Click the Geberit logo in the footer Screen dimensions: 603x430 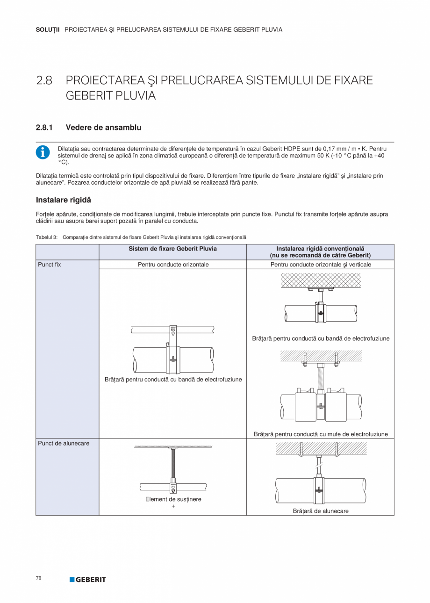88,580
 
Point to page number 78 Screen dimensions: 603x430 39,578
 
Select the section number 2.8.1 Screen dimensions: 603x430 46,127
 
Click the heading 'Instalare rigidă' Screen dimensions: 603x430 63,200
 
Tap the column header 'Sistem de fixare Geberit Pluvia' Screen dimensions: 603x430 172,249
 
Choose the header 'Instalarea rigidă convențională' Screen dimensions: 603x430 320,249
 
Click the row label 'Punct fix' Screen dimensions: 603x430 50,265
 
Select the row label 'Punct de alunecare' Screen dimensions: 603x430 64,443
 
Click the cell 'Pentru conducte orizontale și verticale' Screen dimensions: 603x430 320,265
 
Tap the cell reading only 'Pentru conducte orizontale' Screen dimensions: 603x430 173,265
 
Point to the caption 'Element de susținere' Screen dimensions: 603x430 173,499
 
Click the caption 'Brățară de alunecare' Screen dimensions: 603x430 321,511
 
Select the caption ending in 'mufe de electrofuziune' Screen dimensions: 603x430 321,434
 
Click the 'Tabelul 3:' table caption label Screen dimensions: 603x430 47,237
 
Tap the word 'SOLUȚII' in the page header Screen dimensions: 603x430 48,29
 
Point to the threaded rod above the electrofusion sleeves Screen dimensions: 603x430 321,379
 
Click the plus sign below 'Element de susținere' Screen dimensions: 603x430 173,506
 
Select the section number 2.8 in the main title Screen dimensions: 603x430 44,80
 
